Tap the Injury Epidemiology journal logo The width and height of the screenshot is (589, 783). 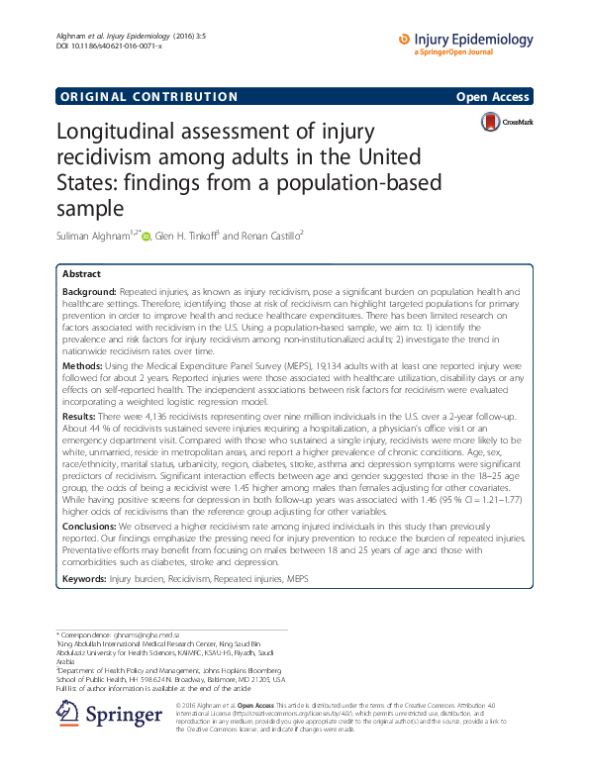pyautogui.click(x=465, y=42)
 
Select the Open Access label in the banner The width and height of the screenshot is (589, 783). pyautogui.click(x=495, y=97)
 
